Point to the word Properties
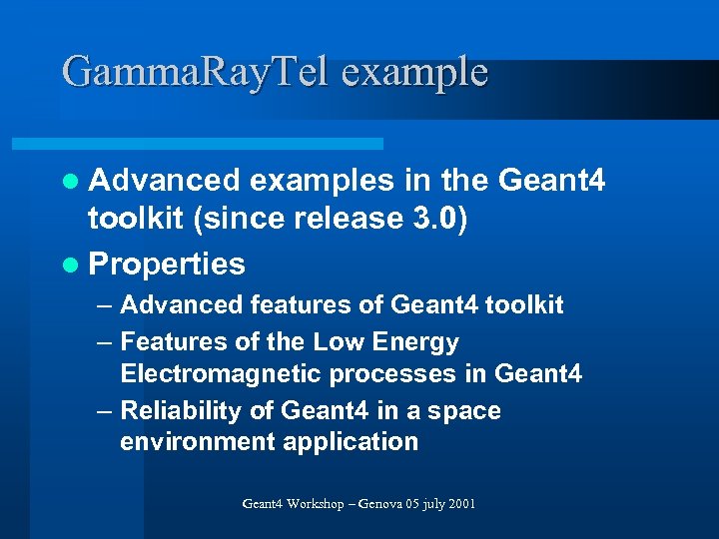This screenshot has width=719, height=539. (x=167, y=264)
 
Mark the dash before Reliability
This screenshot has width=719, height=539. (x=105, y=411)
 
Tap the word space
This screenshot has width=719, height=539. (x=461, y=411)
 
